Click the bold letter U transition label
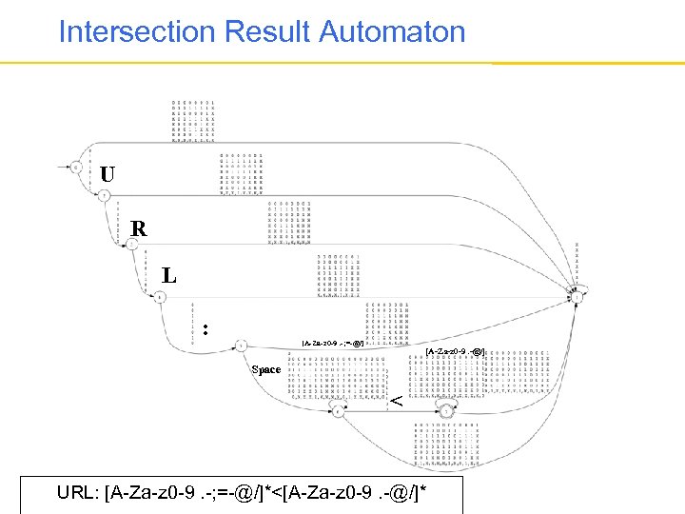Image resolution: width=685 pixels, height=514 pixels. click(x=108, y=174)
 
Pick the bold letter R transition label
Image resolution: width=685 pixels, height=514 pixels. click(x=139, y=228)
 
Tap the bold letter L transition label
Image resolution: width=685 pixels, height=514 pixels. click(x=168, y=276)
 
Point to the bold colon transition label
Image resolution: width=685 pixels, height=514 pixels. click(x=205, y=330)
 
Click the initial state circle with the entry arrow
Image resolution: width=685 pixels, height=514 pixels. click(x=76, y=167)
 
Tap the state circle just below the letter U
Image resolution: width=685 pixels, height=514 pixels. click(x=104, y=195)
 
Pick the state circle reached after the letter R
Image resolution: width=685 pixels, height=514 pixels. click(x=133, y=245)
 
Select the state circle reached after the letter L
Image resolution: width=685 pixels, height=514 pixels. click(x=163, y=296)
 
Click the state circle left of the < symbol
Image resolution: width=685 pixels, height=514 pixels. click(x=337, y=410)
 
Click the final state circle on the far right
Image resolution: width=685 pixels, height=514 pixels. click(x=577, y=296)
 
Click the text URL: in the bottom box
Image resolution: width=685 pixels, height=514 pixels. click(x=80, y=494)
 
